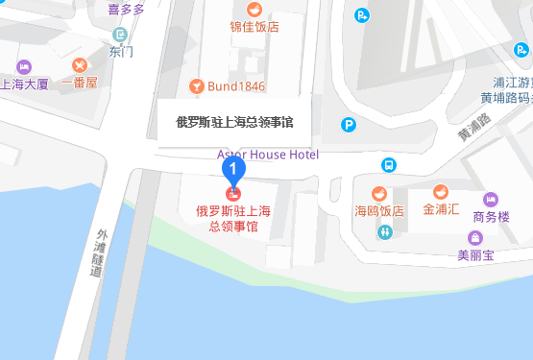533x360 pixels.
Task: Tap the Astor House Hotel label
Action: (x=268, y=154)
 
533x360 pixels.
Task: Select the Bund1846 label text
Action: (x=236, y=86)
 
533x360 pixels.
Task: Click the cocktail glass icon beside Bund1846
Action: (x=197, y=86)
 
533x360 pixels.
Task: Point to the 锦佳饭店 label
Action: (x=254, y=27)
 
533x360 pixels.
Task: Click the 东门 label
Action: (x=122, y=52)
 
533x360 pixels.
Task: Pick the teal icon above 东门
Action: (x=120, y=35)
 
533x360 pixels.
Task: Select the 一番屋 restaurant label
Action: (x=79, y=83)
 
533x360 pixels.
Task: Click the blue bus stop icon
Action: (x=389, y=165)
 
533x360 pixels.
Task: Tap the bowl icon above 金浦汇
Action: (x=441, y=190)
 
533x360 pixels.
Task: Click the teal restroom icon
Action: (x=385, y=231)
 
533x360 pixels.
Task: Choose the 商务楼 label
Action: (x=491, y=217)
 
